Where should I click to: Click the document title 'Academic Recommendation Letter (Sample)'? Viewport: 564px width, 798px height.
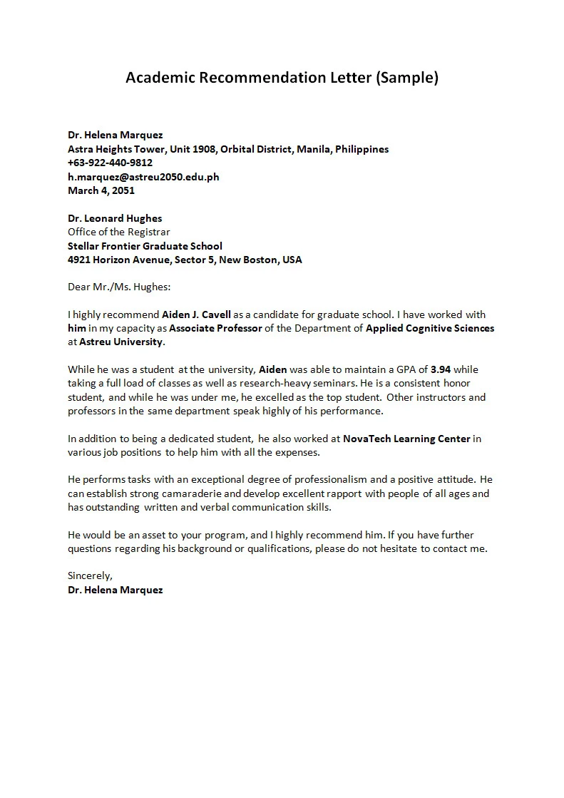tap(282, 78)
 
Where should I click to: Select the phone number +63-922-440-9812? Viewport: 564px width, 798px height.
tap(110, 163)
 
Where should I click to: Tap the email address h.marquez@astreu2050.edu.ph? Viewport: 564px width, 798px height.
tap(143, 177)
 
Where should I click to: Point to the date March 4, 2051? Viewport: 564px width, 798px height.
tap(101, 190)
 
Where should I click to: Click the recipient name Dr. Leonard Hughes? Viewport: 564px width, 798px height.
tap(115, 218)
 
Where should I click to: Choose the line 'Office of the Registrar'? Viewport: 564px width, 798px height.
tap(119, 232)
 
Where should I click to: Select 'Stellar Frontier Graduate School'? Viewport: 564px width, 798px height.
tap(145, 246)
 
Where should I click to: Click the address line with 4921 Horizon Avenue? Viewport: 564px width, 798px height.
tap(185, 260)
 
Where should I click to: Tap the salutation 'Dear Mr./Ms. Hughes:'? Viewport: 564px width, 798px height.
tap(119, 287)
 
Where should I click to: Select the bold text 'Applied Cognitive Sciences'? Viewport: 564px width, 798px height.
tap(429, 328)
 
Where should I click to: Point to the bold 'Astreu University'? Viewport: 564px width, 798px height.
tap(121, 342)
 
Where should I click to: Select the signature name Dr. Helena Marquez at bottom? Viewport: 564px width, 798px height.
tap(115, 590)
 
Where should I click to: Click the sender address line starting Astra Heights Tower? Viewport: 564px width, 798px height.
tap(228, 149)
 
